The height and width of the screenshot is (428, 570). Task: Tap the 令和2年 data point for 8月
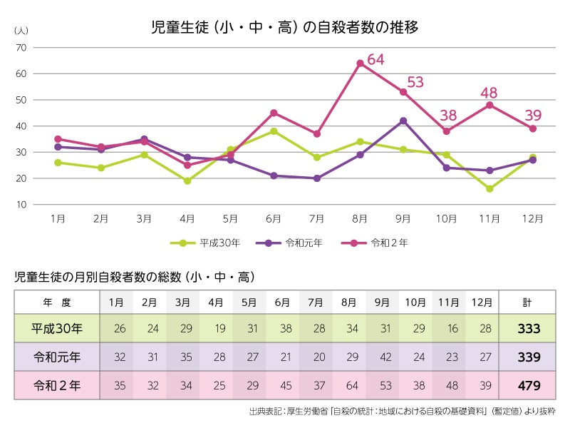(x=360, y=63)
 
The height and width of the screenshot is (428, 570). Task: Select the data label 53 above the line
(x=415, y=82)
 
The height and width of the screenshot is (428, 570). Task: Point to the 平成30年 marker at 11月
(x=489, y=189)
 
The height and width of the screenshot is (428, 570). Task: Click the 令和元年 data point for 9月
(x=403, y=121)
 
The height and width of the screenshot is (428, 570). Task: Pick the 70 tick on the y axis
(x=21, y=48)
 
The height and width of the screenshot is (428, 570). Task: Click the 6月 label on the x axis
(x=274, y=219)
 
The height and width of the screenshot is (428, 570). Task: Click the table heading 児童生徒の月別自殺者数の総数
(x=135, y=276)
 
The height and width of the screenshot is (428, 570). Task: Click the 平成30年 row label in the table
(x=57, y=329)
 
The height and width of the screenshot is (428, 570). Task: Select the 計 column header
(x=527, y=302)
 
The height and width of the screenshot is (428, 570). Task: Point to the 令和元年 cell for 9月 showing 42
(x=382, y=357)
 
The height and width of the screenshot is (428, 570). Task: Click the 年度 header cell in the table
(x=57, y=302)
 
